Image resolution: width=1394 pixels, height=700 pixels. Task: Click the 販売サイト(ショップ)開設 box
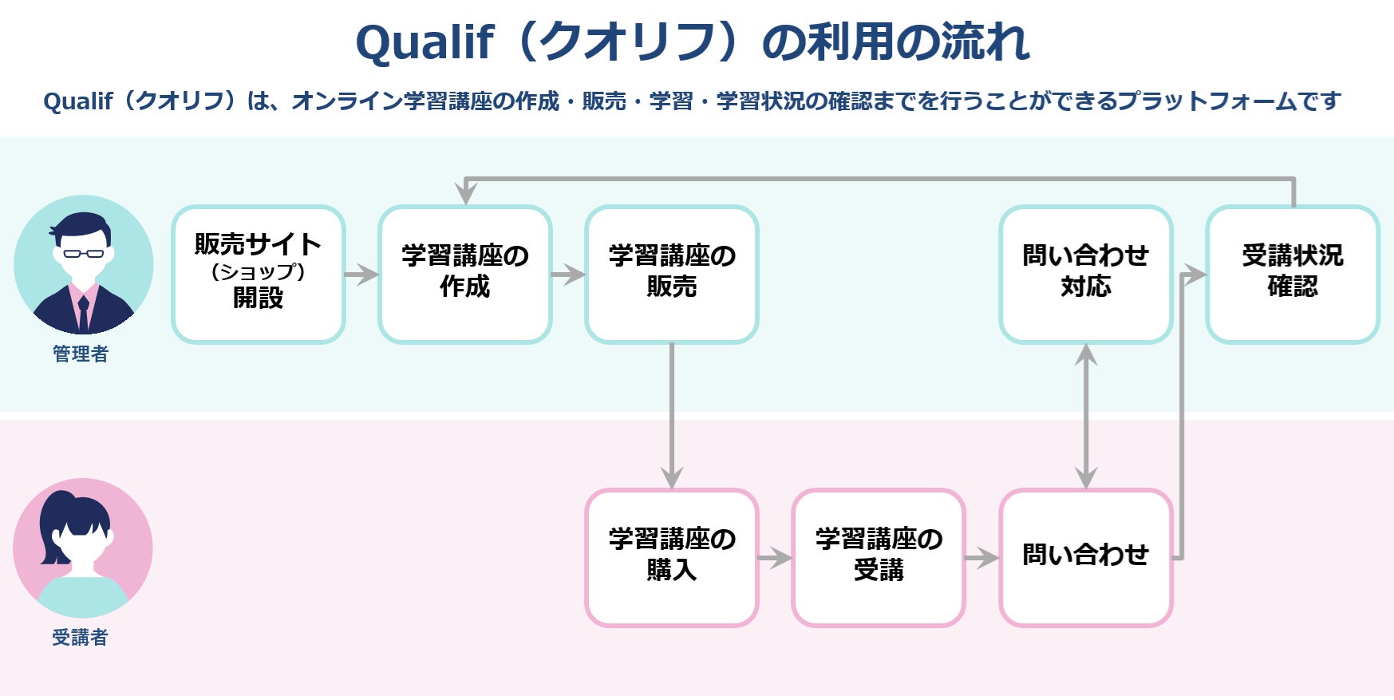point(259,275)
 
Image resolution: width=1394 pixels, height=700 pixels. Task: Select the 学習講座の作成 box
point(465,275)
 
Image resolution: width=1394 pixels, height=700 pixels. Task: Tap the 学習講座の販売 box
point(672,275)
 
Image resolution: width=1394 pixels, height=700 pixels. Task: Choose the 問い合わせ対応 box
point(1086,275)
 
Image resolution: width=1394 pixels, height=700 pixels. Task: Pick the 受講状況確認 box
point(1293,275)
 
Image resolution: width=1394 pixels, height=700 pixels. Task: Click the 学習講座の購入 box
point(672,558)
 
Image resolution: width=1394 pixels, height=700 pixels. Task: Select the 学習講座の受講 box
point(879,558)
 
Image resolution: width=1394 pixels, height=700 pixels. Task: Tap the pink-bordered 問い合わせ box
point(1086,558)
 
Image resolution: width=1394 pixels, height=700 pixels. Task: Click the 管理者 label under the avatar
point(81,354)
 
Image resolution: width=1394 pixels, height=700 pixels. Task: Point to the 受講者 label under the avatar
point(81,638)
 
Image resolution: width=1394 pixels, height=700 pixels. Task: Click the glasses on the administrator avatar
point(84,254)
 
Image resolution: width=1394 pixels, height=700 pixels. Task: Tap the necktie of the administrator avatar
point(83,314)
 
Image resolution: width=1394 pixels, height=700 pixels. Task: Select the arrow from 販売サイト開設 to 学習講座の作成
point(361,275)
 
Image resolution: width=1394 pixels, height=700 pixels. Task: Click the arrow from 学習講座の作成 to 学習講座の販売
point(568,275)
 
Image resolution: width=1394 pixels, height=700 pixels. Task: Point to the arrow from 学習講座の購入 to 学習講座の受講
point(775,558)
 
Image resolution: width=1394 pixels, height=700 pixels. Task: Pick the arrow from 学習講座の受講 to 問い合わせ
point(981,558)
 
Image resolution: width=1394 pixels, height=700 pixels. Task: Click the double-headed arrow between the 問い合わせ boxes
point(1086,416)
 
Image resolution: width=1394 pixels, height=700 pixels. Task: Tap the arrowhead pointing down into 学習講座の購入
point(672,477)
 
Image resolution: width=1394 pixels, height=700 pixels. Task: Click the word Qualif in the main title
point(425,43)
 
